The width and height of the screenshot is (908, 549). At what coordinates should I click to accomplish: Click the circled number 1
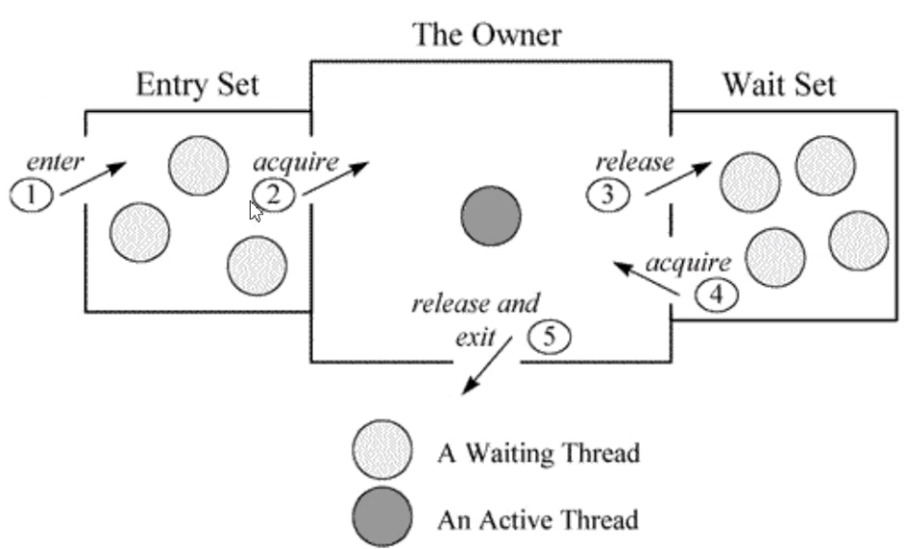coord(33,196)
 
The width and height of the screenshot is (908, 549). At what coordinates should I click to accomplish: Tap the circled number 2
coord(274,195)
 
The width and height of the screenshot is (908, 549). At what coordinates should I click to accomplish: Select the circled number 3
coord(609,195)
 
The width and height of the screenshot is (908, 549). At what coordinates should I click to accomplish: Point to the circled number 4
coord(717,295)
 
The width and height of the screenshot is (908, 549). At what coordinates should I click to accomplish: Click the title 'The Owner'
coord(487,35)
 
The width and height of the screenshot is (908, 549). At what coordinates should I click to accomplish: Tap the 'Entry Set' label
coord(197,84)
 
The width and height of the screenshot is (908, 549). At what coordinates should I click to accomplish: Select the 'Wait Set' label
coord(779,84)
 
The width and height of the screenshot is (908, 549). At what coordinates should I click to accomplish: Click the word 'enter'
coord(55,160)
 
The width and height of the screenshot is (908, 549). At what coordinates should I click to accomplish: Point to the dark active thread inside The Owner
coord(491,215)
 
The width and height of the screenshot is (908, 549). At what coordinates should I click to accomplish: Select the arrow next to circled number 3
coord(678,179)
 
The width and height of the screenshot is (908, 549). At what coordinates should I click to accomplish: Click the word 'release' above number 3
coord(634,161)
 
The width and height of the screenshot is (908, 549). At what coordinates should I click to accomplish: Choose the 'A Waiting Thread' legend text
coord(538,452)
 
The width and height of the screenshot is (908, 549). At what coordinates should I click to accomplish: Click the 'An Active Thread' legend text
coord(538,520)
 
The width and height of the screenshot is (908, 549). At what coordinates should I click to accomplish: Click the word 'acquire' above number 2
coord(296,161)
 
